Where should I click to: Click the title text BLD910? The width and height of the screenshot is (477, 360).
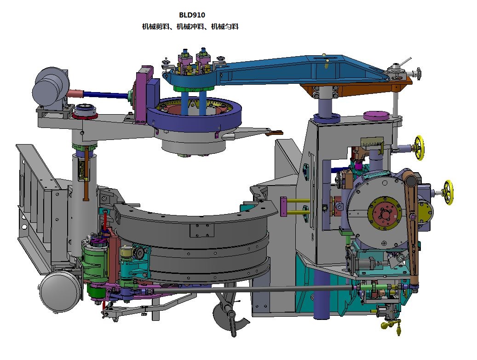pyautogui.click(x=192, y=15)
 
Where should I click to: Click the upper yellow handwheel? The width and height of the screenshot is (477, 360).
pyautogui.click(x=419, y=147)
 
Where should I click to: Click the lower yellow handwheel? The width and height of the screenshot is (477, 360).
pyautogui.click(x=448, y=192)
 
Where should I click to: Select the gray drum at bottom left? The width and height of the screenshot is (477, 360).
pyautogui.click(x=60, y=291)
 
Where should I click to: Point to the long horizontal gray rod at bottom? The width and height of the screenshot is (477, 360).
pyautogui.click(x=253, y=290)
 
